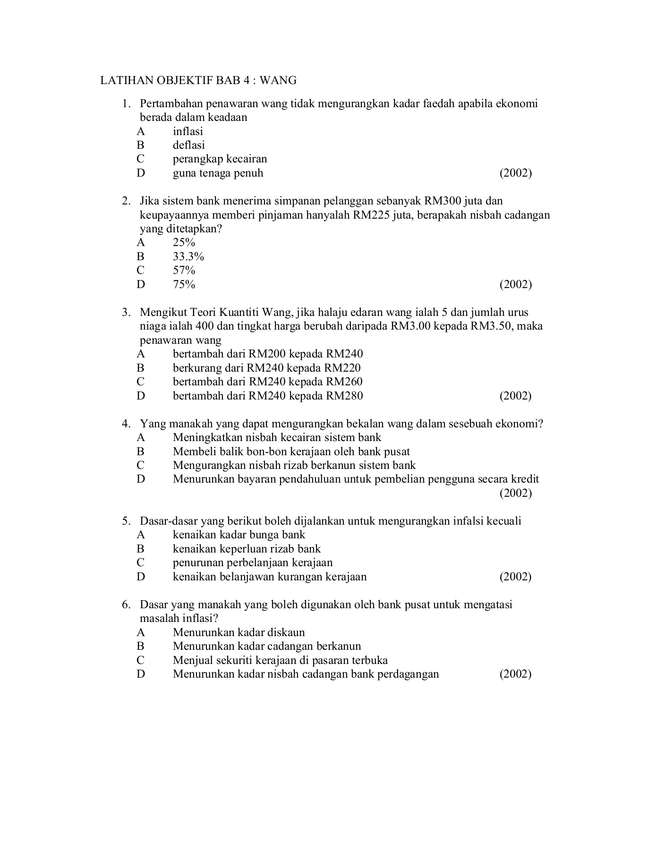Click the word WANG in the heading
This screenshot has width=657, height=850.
coord(278,81)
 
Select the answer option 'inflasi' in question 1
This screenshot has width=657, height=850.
coord(188,131)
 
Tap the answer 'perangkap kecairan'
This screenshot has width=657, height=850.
coord(220,159)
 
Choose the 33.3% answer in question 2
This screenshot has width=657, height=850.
coord(188,257)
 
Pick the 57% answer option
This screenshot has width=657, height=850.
coord(184,271)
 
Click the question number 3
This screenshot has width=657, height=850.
coord(126,313)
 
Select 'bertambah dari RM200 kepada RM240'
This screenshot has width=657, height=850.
coord(267,354)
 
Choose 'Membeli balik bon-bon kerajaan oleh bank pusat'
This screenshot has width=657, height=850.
coord(291,452)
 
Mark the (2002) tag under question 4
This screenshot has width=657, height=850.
coord(515,493)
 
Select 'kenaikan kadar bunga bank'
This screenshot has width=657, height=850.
coord(239,535)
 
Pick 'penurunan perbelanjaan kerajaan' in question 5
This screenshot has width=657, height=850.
coord(252,563)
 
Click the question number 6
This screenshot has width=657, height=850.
coord(126,605)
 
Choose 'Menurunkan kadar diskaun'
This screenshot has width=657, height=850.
coord(239,633)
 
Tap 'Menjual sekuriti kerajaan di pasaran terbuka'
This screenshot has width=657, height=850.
coord(280,661)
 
